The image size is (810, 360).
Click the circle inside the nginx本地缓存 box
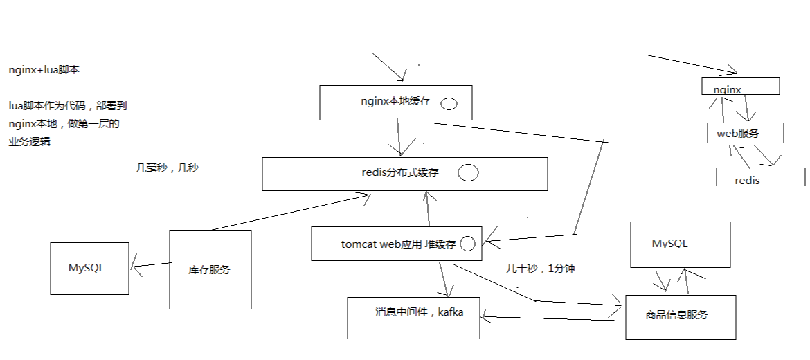click(x=449, y=104)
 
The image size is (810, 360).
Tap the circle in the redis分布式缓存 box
click(x=469, y=173)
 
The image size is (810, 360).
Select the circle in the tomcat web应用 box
click(x=467, y=244)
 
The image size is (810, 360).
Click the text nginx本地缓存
click(x=395, y=101)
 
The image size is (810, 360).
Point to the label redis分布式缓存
click(x=400, y=172)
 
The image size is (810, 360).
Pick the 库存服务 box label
click(x=209, y=270)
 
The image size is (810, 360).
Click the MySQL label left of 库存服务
click(x=86, y=268)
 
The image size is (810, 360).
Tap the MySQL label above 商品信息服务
click(x=669, y=244)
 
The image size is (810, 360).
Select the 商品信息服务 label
click(x=676, y=315)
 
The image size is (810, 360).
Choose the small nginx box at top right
click(x=741, y=86)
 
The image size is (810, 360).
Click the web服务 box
click(x=744, y=133)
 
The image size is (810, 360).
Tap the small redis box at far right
click(x=760, y=177)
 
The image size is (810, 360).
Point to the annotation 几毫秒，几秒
click(x=167, y=168)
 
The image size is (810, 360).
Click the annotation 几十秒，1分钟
click(x=540, y=269)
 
